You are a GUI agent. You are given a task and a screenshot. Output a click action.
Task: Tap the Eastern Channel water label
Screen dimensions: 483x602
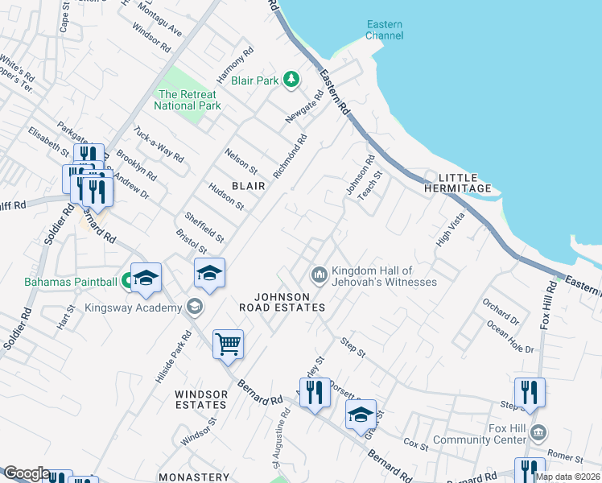click(x=384, y=30)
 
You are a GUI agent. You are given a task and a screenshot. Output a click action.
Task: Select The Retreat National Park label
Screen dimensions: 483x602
click(x=188, y=100)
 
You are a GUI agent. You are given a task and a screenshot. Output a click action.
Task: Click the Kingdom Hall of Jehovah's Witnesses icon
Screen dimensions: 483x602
click(x=320, y=276)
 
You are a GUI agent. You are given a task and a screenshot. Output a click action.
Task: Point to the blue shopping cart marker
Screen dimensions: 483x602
click(x=228, y=345)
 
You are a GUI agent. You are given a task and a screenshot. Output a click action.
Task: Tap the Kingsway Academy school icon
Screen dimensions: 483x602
click(x=194, y=305)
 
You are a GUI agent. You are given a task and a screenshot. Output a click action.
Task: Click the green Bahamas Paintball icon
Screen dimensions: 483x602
click(x=127, y=282)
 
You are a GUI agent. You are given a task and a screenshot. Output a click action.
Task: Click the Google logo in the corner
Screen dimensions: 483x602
click(x=26, y=473)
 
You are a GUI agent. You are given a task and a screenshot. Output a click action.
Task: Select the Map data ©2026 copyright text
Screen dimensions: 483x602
click(x=567, y=477)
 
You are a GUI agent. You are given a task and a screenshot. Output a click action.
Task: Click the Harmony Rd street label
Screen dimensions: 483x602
click(x=235, y=65)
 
